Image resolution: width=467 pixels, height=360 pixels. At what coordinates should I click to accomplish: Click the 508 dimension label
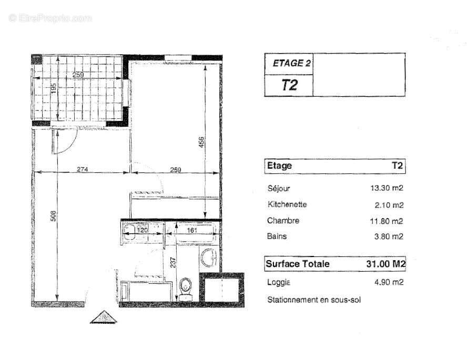tap(53, 216)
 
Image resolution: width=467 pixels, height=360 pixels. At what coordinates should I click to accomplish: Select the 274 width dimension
tap(81, 169)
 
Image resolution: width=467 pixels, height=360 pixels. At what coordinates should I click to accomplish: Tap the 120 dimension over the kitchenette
tap(143, 229)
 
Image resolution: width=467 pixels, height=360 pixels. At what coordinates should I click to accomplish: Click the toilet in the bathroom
tap(185, 288)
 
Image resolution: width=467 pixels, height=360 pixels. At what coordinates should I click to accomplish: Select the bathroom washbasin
tap(209, 258)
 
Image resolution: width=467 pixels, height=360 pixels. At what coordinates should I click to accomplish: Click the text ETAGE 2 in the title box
tap(291, 64)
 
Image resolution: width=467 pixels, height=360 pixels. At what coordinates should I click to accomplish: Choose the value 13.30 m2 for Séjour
tap(387, 188)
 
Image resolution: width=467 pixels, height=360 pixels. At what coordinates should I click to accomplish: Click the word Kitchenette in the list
tap(287, 204)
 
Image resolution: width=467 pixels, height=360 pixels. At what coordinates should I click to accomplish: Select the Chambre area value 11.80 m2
tap(387, 221)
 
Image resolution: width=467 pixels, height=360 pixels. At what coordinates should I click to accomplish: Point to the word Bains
tap(277, 236)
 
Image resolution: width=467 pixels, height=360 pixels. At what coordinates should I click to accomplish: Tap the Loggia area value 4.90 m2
tap(389, 282)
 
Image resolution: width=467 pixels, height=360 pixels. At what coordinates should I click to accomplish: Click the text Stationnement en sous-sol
tap(313, 300)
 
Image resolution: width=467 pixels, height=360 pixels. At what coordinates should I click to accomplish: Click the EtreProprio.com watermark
tap(50, 18)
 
